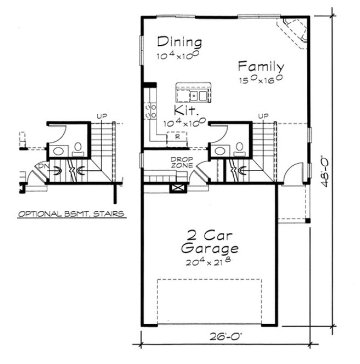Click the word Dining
pyautogui.click(x=179, y=42)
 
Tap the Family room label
pyautogui.click(x=261, y=67)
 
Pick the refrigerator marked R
pyautogui.click(x=177, y=138)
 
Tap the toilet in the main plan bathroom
pyautogui.click(x=240, y=148)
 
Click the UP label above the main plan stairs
pyautogui.click(x=263, y=116)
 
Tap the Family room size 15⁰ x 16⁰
pyautogui.click(x=261, y=80)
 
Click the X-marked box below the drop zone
pyautogui.click(x=178, y=188)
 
